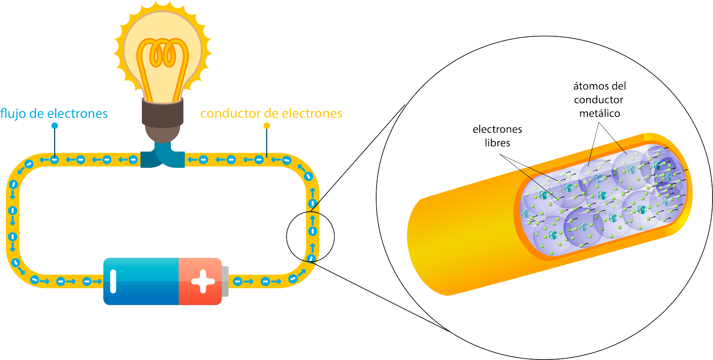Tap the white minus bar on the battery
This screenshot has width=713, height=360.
[x=113, y=281]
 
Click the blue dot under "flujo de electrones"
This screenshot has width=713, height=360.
[x=55, y=126]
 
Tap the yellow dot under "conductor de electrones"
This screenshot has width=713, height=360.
[x=267, y=126]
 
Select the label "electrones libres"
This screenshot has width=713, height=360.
[x=497, y=136]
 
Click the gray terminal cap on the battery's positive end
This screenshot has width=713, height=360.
[x=225, y=281]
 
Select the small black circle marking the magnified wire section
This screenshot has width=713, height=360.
[x=310, y=233]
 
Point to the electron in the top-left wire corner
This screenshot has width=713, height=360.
[x=28, y=164]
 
